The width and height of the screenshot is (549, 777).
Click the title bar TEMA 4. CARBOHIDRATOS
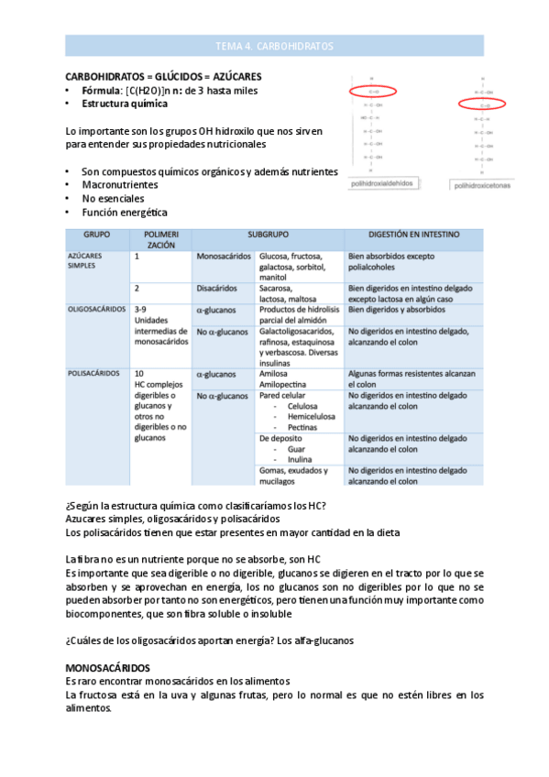tap(274, 45)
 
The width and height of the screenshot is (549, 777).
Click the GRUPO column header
tap(97, 235)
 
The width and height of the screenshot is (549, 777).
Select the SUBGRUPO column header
tap(269, 235)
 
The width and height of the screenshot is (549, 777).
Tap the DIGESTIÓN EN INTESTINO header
tap(414, 235)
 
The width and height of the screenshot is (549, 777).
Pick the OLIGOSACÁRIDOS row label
tap(96, 310)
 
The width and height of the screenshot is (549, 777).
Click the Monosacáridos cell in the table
tap(224, 257)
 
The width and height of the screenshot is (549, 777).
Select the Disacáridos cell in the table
tap(218, 289)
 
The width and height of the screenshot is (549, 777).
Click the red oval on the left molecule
tap(371, 92)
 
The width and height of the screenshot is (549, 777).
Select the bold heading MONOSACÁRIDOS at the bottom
tap(108, 668)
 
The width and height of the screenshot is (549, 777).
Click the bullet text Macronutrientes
tap(119, 184)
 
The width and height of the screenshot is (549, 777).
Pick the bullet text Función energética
tap(124, 213)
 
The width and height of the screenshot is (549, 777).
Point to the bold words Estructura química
tap(125, 104)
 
